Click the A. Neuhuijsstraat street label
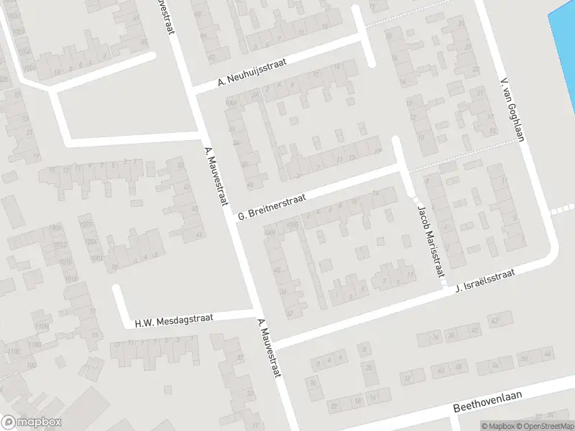coord(252,74)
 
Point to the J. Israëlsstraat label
coord(486,281)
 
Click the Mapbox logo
coord(31,422)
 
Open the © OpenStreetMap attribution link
coord(544,426)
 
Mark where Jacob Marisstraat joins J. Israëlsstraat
coord(443,289)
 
